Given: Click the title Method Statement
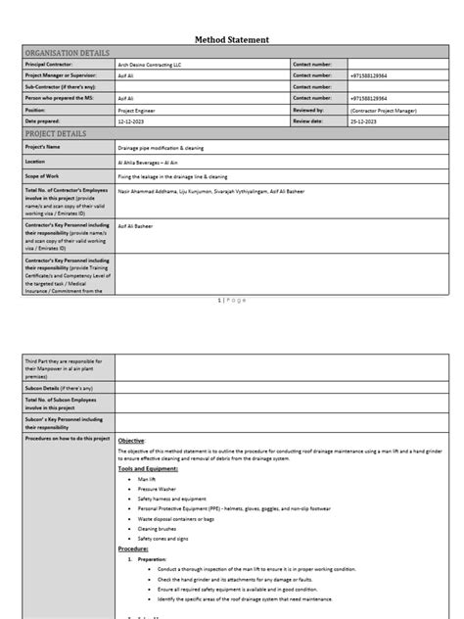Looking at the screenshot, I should pyautogui.click(x=231, y=39).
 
